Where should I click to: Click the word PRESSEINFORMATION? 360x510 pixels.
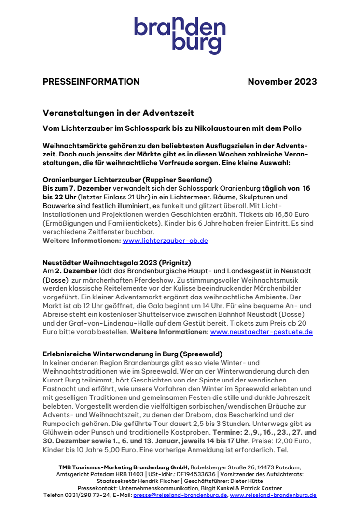click(91, 82)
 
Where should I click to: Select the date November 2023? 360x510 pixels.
click(282, 82)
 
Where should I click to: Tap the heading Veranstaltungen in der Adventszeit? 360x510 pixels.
click(118, 113)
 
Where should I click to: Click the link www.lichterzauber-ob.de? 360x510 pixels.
click(165, 241)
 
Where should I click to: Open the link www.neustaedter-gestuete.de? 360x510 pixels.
click(261, 332)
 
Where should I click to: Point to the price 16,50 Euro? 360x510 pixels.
click(289, 214)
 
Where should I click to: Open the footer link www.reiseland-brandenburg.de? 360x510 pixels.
click(273, 495)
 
